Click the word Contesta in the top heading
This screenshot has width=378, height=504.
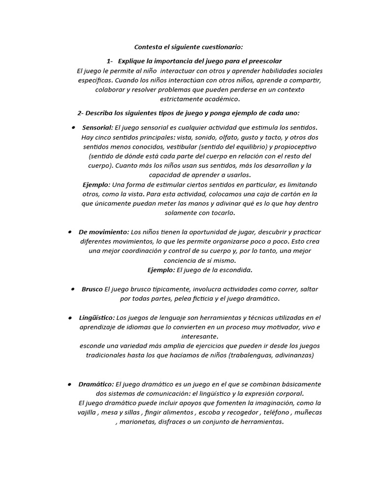pyautogui.click(x=148, y=47)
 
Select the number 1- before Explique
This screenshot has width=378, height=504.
pyautogui.click(x=110, y=61)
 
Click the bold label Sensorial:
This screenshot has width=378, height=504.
pyautogui.click(x=97, y=127)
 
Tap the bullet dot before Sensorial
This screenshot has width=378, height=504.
pyautogui.click(x=73, y=127)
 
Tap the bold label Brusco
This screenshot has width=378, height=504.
pyautogui.click(x=92, y=289)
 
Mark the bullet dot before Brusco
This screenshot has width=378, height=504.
pyautogui.click(x=72, y=289)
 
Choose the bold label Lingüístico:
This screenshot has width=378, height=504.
pyautogui.click(x=97, y=317)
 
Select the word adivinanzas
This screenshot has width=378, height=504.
pyautogui.click(x=292, y=355)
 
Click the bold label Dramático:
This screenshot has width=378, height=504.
pyautogui.click(x=96, y=384)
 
